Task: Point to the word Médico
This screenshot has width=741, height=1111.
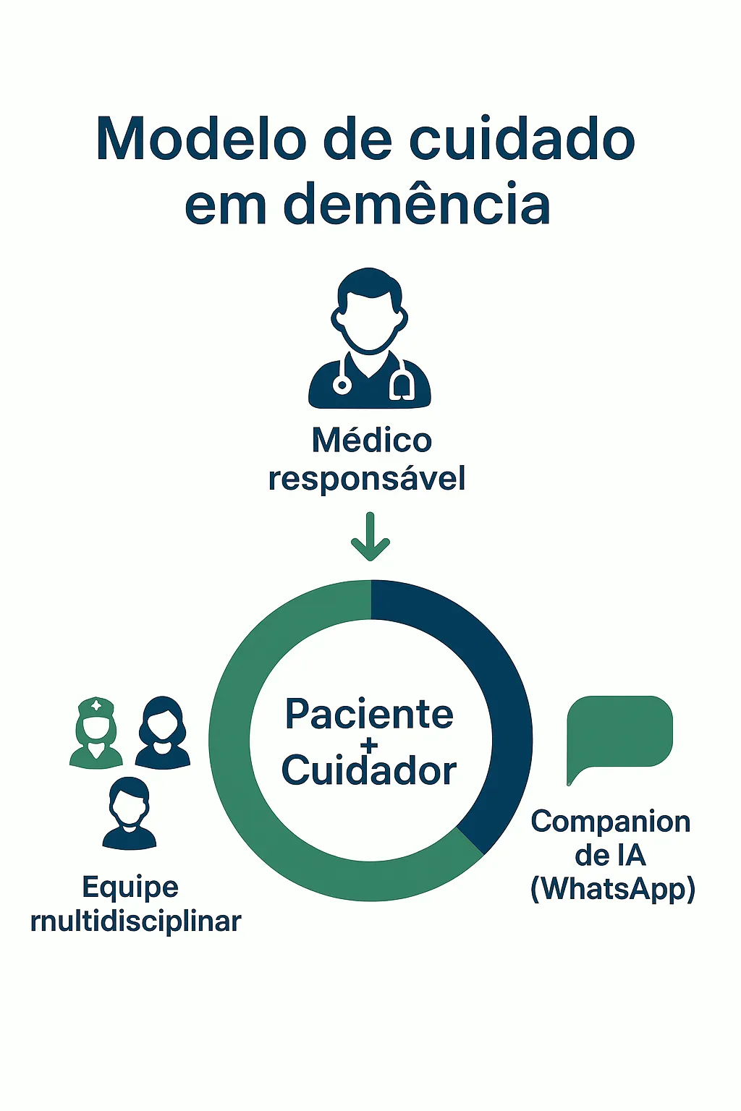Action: (x=371, y=440)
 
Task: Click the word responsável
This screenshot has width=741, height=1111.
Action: (x=367, y=479)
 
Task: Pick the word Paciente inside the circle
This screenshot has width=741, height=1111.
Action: (x=369, y=715)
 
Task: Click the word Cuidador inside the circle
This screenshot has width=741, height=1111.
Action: (x=369, y=771)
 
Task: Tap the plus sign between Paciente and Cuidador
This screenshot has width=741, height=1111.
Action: (x=369, y=744)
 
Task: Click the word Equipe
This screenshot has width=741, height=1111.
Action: (x=130, y=887)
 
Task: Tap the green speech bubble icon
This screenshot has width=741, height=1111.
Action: (x=620, y=732)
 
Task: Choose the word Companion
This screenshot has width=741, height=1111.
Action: (x=611, y=822)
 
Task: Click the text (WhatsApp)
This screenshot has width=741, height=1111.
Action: (x=612, y=889)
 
